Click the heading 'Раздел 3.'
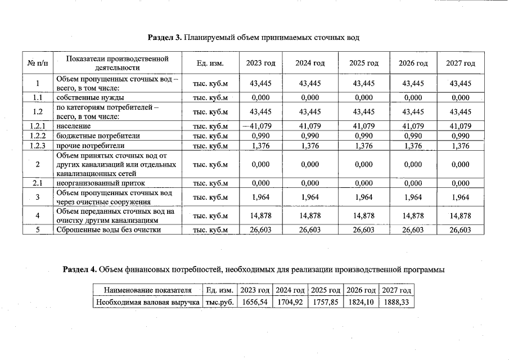click(x=165, y=37)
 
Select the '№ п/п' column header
click(x=37, y=63)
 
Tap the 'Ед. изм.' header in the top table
click(x=210, y=63)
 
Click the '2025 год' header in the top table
click(x=364, y=63)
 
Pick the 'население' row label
click(x=73, y=126)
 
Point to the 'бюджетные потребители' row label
click(x=98, y=136)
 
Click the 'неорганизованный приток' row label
click(x=101, y=183)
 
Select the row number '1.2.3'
click(x=37, y=146)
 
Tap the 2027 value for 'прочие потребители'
click(x=460, y=146)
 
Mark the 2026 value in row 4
click(x=413, y=215)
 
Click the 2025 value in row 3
click(x=364, y=197)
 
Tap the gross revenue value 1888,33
click(x=397, y=302)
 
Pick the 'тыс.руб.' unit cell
click(x=220, y=302)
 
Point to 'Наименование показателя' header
click(x=148, y=290)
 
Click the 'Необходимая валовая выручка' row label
click(x=148, y=302)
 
